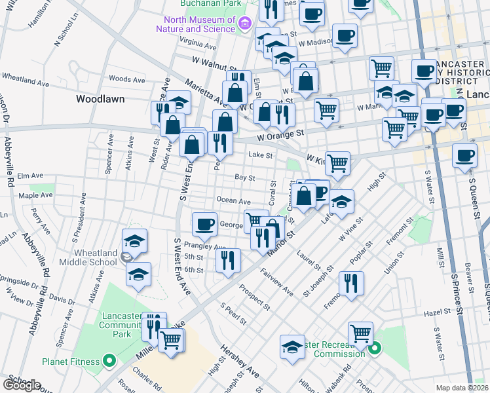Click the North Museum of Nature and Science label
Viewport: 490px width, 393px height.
point(195,24)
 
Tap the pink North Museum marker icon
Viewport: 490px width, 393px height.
point(245,24)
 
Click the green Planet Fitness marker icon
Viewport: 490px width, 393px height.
point(109,361)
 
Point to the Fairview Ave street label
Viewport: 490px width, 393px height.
point(276,280)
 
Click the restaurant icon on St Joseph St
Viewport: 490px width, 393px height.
point(352,284)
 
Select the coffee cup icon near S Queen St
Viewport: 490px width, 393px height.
point(465,156)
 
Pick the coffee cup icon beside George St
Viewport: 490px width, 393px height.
point(205,224)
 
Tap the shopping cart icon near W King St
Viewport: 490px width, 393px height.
point(337,162)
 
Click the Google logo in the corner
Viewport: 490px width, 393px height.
point(22,385)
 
